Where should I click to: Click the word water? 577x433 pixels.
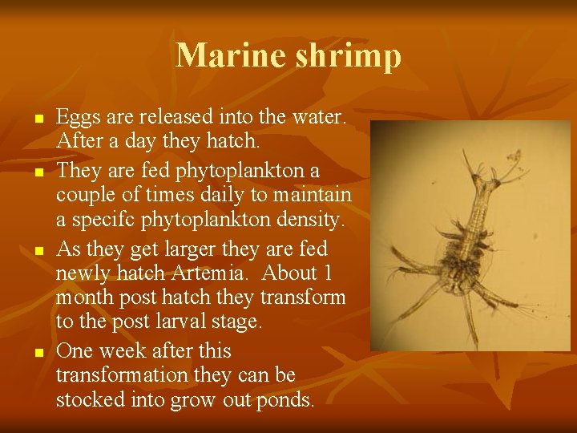[319, 118]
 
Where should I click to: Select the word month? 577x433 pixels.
[87, 297]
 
